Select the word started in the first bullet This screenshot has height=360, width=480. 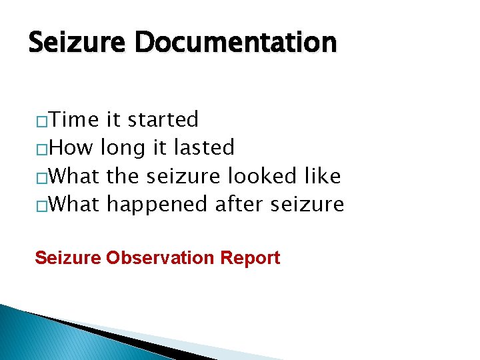click(163, 120)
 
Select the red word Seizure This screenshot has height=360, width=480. click(68, 257)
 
